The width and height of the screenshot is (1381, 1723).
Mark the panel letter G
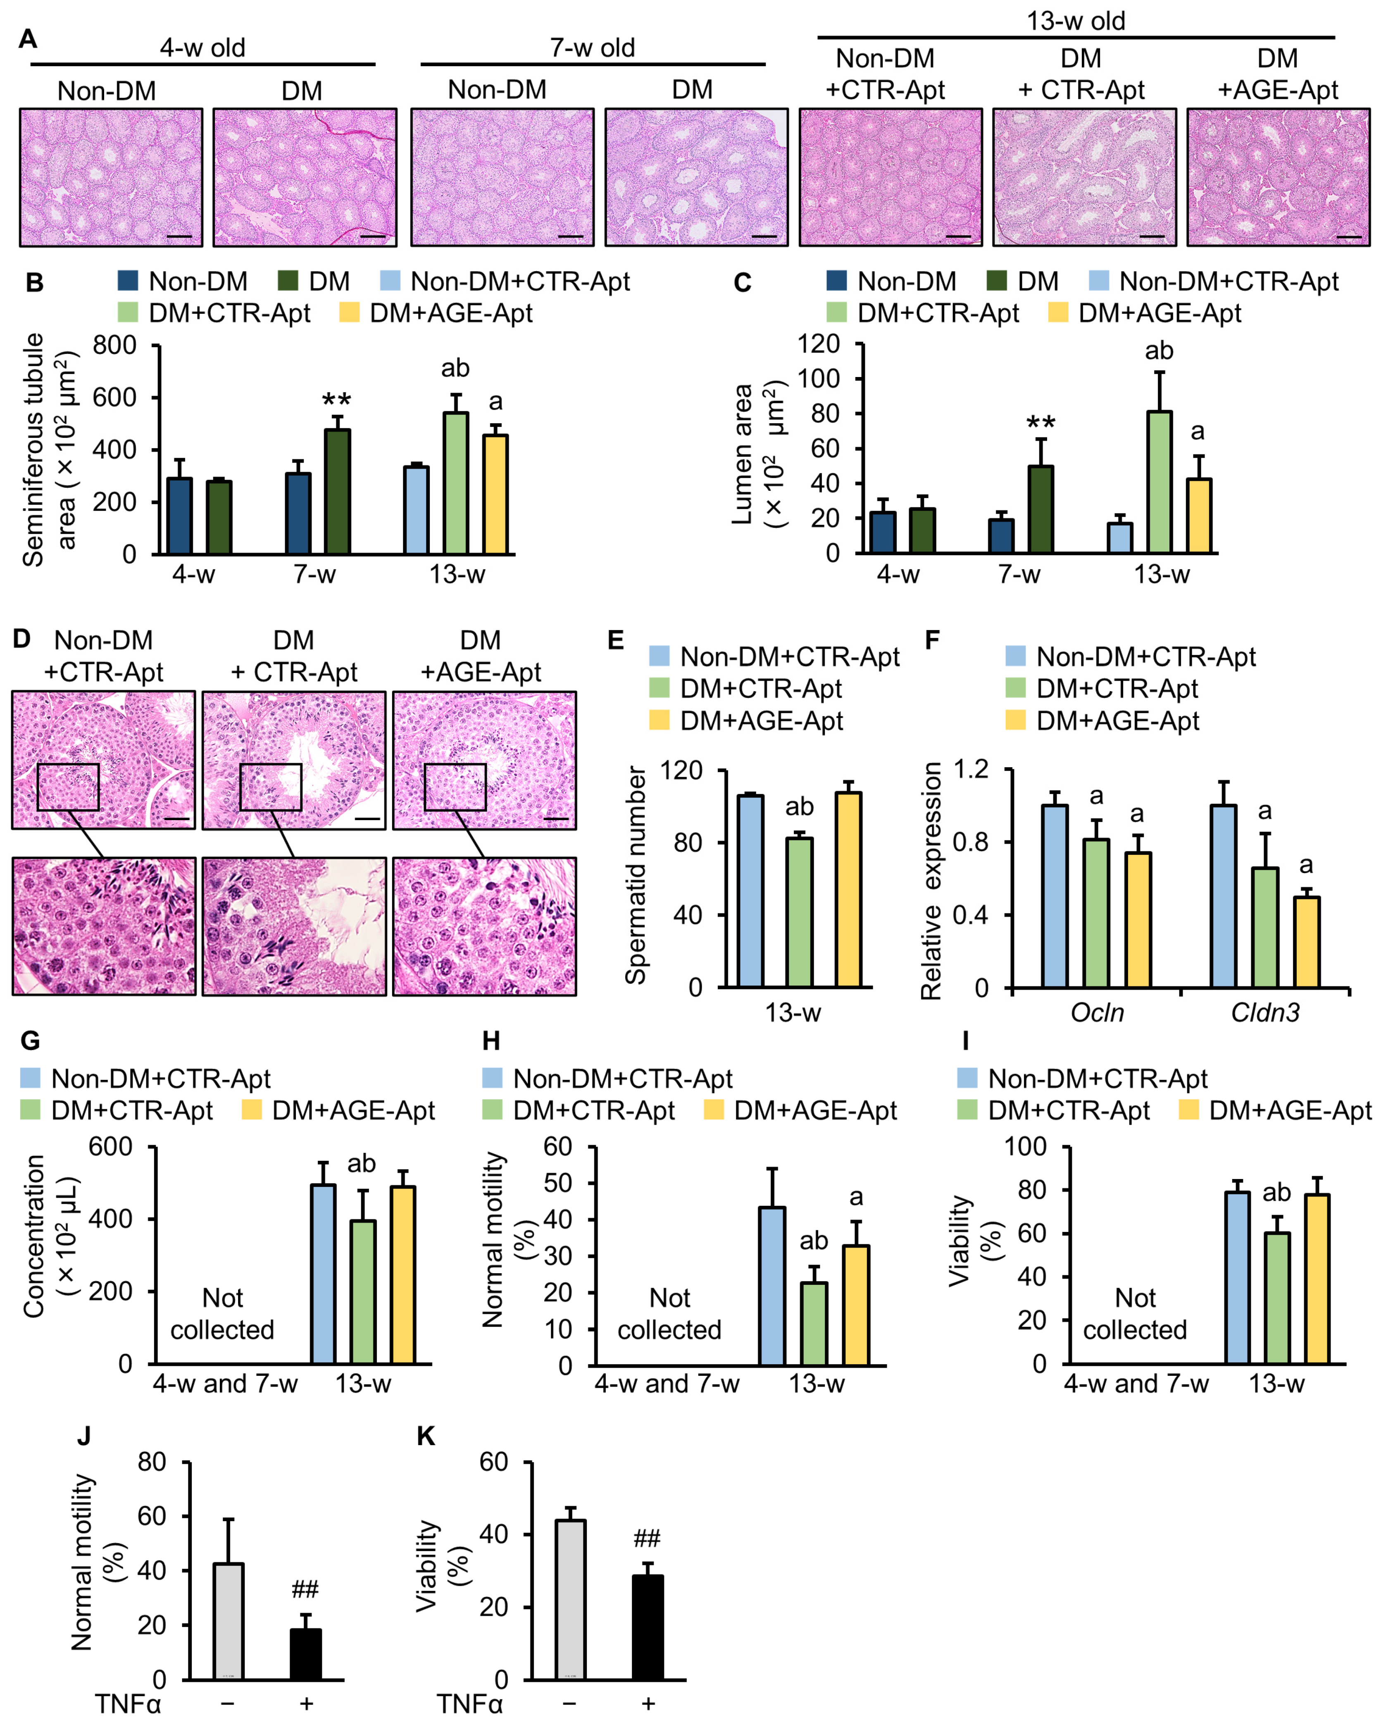(30, 1040)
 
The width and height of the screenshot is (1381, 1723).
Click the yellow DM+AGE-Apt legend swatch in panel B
(349, 313)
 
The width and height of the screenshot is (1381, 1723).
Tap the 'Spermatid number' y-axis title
(635, 875)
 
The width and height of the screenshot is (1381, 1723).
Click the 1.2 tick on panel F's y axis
(970, 770)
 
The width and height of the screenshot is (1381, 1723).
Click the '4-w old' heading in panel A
(202, 48)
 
